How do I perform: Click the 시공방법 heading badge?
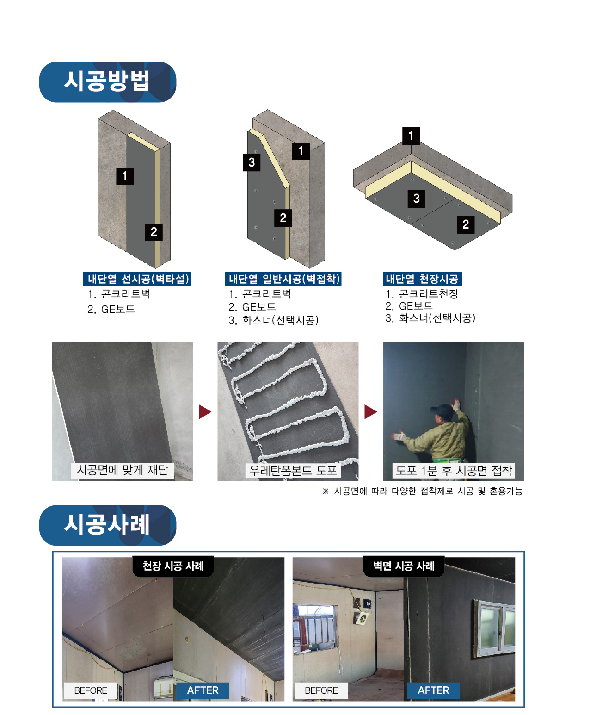[x=107, y=82]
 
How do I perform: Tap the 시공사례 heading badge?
[x=107, y=525]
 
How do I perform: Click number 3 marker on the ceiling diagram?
[x=416, y=199]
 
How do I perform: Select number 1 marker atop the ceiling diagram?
[x=411, y=136]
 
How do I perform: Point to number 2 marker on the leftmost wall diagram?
[x=154, y=232]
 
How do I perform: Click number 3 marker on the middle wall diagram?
[x=252, y=162]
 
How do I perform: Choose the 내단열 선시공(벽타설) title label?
[x=137, y=279]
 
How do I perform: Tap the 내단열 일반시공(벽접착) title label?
[x=283, y=279]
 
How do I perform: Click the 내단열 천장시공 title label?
[x=422, y=279]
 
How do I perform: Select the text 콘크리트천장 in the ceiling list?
[x=429, y=294]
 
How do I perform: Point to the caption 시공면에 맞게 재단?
[x=122, y=470]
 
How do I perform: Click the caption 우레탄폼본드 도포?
[x=293, y=471]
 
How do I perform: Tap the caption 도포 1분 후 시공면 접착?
[x=454, y=471]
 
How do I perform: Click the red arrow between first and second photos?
[x=205, y=411]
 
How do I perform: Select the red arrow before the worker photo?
[x=370, y=411]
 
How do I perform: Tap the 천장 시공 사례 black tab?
[x=173, y=566]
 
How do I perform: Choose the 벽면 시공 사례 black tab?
[x=404, y=566]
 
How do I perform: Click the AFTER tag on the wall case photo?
[x=433, y=690]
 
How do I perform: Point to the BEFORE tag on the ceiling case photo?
[x=91, y=690]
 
